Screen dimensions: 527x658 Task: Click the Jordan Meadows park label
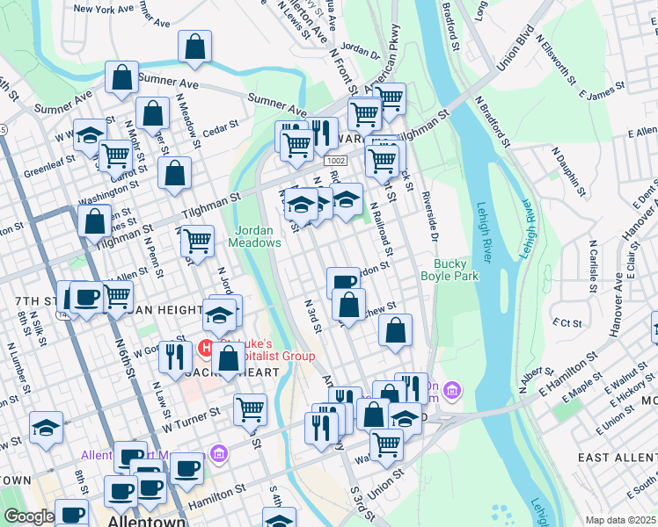click(257, 236)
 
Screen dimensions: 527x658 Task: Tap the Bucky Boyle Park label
click(467, 270)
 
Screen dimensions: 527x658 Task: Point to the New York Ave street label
click(108, 9)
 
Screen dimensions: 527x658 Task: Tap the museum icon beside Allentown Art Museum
click(219, 454)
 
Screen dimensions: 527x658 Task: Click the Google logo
click(28, 516)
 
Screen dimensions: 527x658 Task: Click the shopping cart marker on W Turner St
click(250, 408)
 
